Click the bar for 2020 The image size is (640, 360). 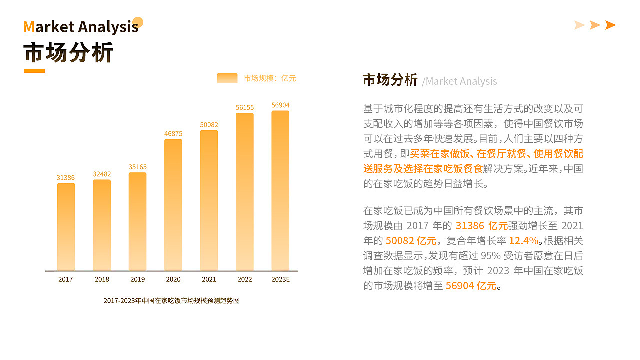point(173,205)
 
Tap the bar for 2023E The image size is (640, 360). point(280,190)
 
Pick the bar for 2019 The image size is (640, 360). point(137,221)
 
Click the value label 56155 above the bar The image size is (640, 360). point(245,107)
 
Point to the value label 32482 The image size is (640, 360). point(102,174)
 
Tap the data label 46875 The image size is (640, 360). point(173,134)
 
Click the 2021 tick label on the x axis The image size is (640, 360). point(209,279)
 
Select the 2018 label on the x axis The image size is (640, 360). point(102,279)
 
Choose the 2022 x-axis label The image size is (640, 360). point(245,279)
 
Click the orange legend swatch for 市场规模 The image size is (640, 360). point(227,78)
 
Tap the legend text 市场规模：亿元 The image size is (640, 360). point(270,78)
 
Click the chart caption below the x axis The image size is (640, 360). point(171,301)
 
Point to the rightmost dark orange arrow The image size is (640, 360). point(610,25)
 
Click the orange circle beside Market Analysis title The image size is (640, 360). point(138,22)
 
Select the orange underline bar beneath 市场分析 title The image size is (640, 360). point(34,71)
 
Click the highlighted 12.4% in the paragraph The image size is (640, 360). point(523,240)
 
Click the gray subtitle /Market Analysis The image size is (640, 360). point(459,81)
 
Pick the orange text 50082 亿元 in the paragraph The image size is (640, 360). point(411,240)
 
